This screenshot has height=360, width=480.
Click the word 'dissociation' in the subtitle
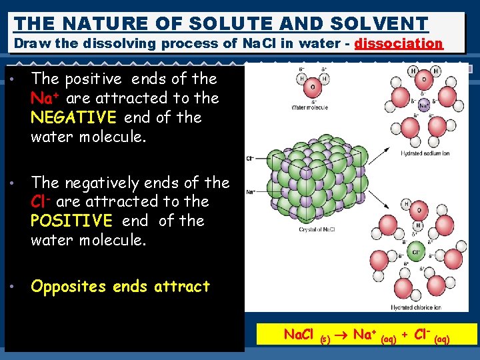click(x=399, y=44)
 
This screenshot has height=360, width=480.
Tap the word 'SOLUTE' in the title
click(x=231, y=24)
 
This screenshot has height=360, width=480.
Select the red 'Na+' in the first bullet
click(x=43, y=98)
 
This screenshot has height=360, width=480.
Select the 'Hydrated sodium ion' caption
click(x=425, y=154)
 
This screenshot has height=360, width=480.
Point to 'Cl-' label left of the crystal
click(x=250, y=159)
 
